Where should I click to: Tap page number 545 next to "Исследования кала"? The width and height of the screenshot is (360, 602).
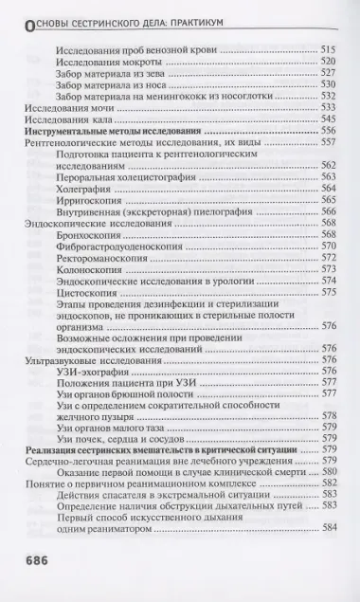point(329,120)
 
